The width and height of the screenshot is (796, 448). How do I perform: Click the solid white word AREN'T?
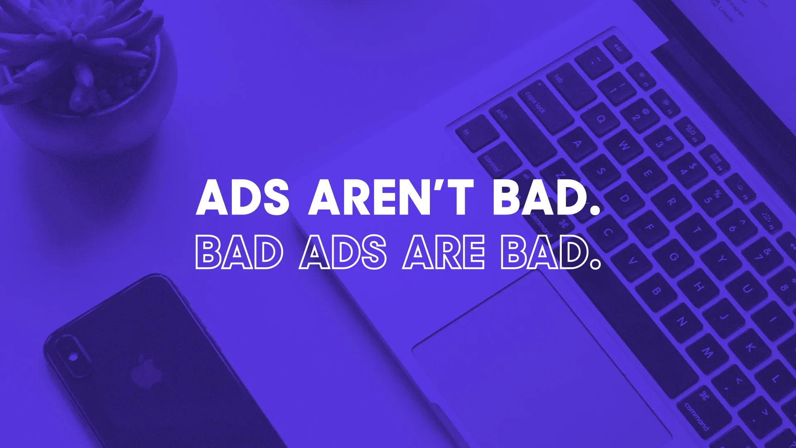tap(391, 197)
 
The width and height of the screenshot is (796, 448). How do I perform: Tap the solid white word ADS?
tap(243, 197)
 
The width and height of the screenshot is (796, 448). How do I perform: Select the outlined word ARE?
tap(443, 252)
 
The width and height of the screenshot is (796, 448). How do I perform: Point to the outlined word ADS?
tap(342, 252)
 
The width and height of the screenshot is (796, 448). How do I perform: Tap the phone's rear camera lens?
tap(73, 357)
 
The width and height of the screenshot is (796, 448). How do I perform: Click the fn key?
tap(477, 133)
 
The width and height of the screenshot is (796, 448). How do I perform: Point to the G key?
tap(674, 257)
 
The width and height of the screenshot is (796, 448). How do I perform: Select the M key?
tap(707, 353)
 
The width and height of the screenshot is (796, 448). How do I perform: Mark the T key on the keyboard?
tap(697, 231)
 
